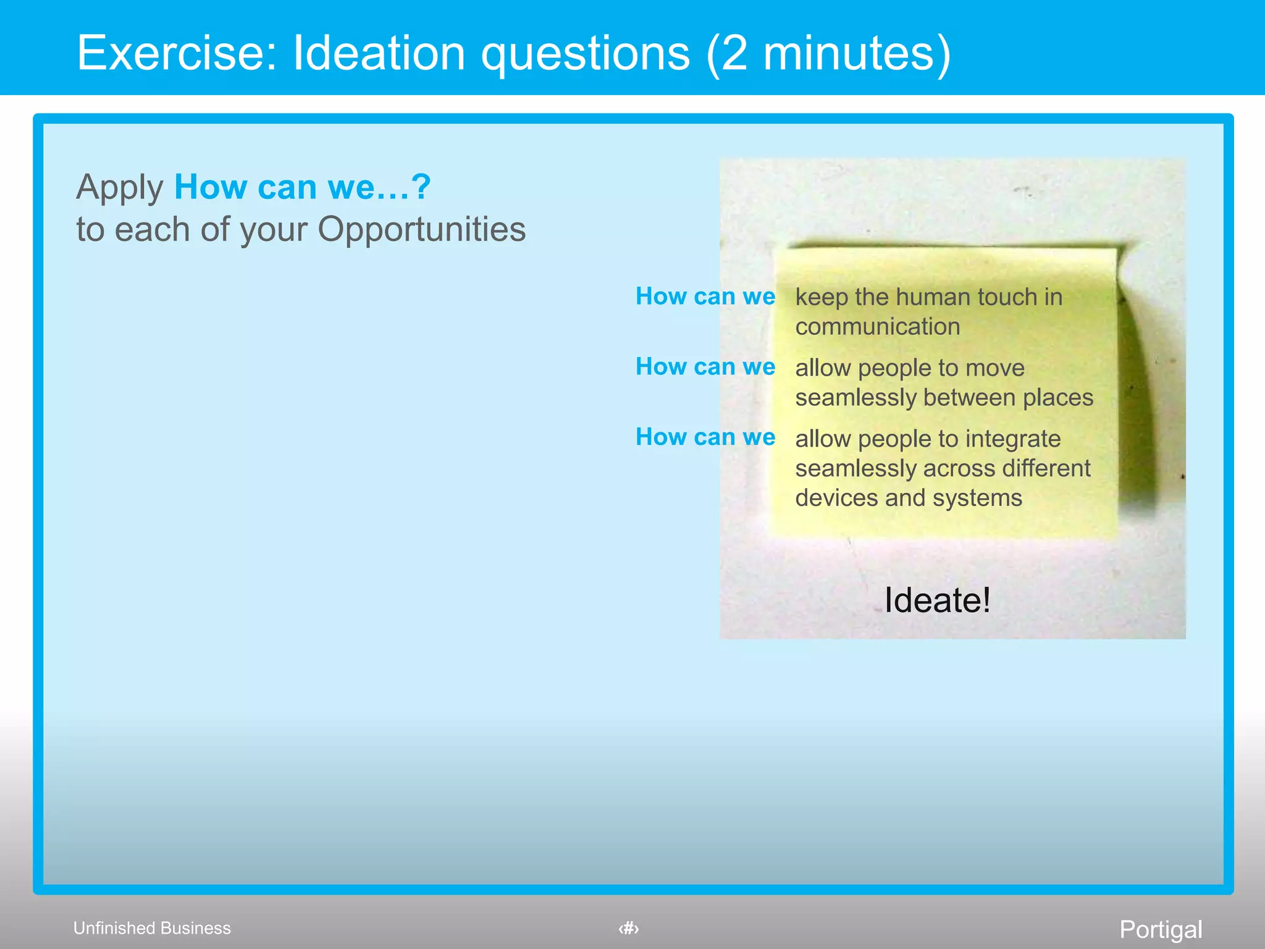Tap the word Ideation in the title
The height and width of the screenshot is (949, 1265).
point(379,53)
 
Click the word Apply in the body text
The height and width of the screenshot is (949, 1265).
point(119,188)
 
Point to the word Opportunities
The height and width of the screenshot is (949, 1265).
point(421,230)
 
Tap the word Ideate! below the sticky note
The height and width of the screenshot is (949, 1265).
point(937,600)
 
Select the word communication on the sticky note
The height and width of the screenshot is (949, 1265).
point(877,327)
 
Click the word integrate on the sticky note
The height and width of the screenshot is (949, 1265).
point(1013,439)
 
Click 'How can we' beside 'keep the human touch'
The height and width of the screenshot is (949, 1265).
point(705,297)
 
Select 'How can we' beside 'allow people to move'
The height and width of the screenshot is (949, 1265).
point(705,367)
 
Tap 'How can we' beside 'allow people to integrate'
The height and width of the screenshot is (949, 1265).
point(705,437)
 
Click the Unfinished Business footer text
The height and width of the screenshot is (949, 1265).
point(152,928)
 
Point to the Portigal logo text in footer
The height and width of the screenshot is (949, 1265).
point(1161,929)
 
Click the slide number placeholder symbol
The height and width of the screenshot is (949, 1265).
point(629,928)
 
